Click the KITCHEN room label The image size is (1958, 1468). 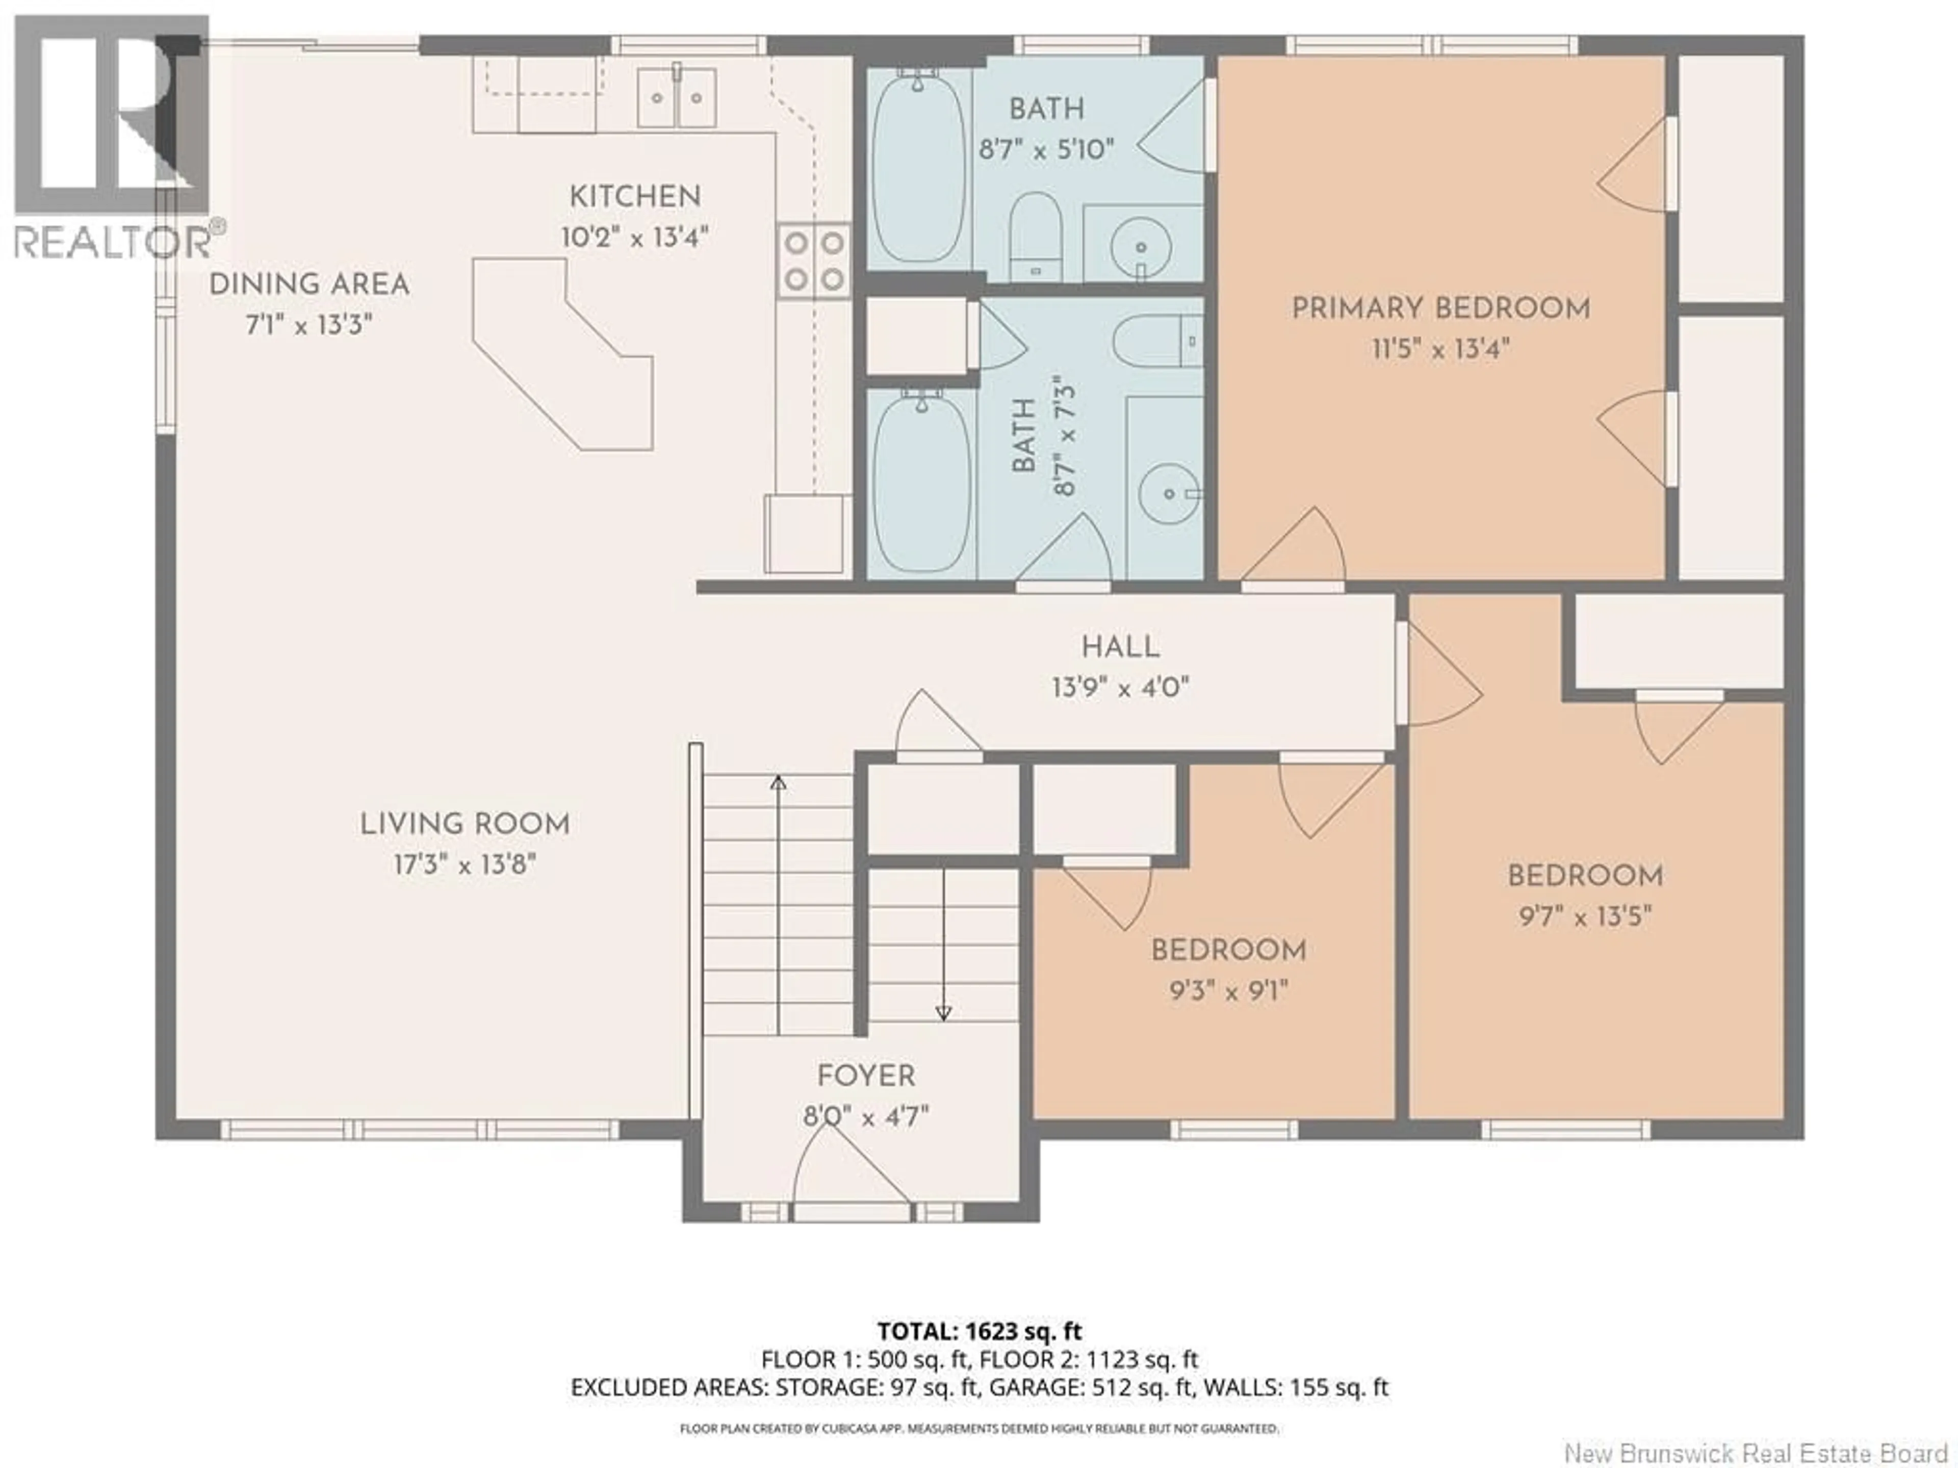[635, 196]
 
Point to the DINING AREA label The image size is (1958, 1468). [309, 285]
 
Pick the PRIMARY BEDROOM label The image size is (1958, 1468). [1440, 309]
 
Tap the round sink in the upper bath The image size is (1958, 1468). [1141, 248]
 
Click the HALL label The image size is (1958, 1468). [1120, 647]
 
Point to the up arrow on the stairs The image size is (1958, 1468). [778, 782]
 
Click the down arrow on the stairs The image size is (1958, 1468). [944, 1013]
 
